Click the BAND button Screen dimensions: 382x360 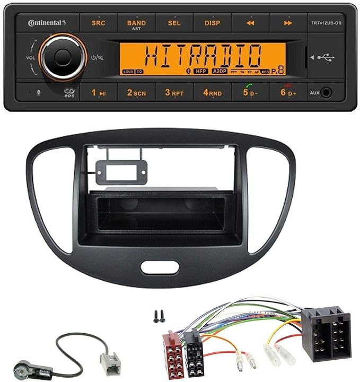click(136, 23)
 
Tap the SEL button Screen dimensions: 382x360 click(173, 23)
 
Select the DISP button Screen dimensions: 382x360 click(212, 23)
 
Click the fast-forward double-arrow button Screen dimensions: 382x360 click(288, 23)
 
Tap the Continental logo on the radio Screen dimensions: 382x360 click(47, 23)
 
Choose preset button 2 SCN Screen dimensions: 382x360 click(136, 93)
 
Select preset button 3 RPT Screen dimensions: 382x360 click(174, 93)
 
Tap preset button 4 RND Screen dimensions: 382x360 click(212, 93)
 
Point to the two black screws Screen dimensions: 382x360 click(157, 316)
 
